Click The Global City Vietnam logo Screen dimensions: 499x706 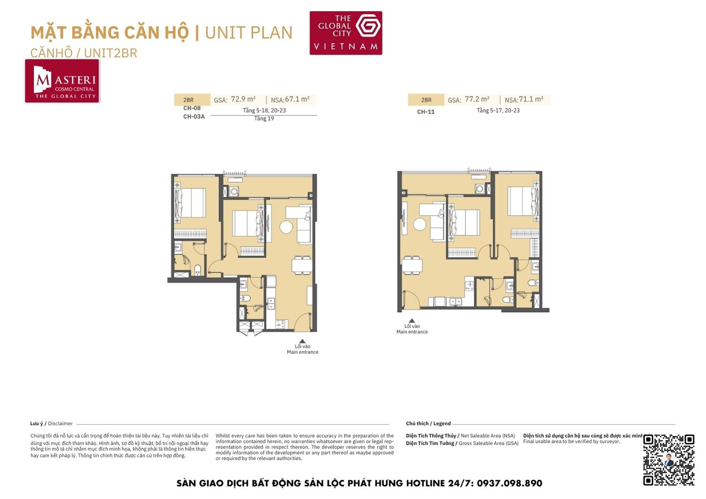[x=345, y=33]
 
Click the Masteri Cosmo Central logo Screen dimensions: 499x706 [x=62, y=81]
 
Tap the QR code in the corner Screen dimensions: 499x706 [x=668, y=459]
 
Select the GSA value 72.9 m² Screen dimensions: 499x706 [x=243, y=99]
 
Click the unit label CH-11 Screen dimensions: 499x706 [x=425, y=112]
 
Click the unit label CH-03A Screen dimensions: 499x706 [x=194, y=117]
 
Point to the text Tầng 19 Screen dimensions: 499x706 [x=264, y=119]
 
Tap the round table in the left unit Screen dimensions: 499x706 [x=286, y=227]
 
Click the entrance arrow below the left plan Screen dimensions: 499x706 [x=302, y=342]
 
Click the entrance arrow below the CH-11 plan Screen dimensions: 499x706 [x=412, y=321]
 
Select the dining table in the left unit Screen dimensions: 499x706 [x=302, y=265]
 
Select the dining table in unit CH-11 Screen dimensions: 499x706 [x=412, y=266]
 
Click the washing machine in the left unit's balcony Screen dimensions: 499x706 [x=234, y=192]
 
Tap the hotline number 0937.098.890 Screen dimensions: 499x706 [x=509, y=483]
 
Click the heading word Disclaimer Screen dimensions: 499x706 [x=60, y=424]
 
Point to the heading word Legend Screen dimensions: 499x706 [x=442, y=424]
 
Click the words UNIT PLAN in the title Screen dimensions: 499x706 [x=249, y=33]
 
